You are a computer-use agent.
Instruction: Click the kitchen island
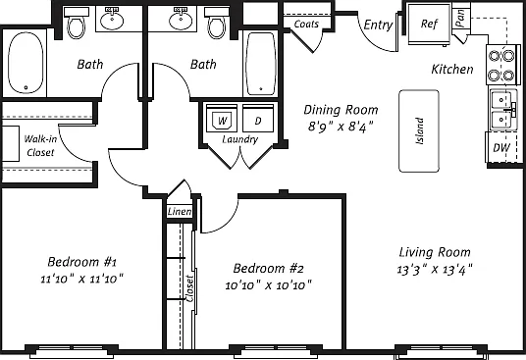pyautogui.click(x=419, y=131)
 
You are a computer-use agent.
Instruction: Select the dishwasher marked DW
pyautogui.click(x=501, y=147)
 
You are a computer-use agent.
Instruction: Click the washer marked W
pyautogui.click(x=222, y=119)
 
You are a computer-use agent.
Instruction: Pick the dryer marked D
pyautogui.click(x=258, y=119)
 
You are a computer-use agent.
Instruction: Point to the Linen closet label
pyautogui.click(x=180, y=212)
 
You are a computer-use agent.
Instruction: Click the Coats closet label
pyautogui.click(x=306, y=25)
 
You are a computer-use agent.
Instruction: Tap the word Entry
pyautogui.click(x=378, y=25)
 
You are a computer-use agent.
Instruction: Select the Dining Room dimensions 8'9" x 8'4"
pyautogui.click(x=341, y=128)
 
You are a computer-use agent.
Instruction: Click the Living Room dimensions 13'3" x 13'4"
pyautogui.click(x=435, y=269)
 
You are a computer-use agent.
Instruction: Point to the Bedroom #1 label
pyautogui.click(x=81, y=262)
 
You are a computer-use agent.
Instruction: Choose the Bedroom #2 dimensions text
pyautogui.click(x=268, y=285)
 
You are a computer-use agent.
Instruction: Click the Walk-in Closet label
pyautogui.click(x=40, y=146)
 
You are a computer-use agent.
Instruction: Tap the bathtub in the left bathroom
pyautogui.click(x=26, y=63)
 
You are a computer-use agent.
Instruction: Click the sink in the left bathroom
pyautogui.click(x=112, y=20)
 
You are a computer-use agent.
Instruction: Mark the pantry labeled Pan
pyautogui.click(x=460, y=18)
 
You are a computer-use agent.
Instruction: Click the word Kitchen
pyautogui.click(x=452, y=69)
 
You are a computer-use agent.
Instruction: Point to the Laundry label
pyautogui.click(x=240, y=139)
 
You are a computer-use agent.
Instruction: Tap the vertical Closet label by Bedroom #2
pyautogui.click(x=189, y=288)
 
